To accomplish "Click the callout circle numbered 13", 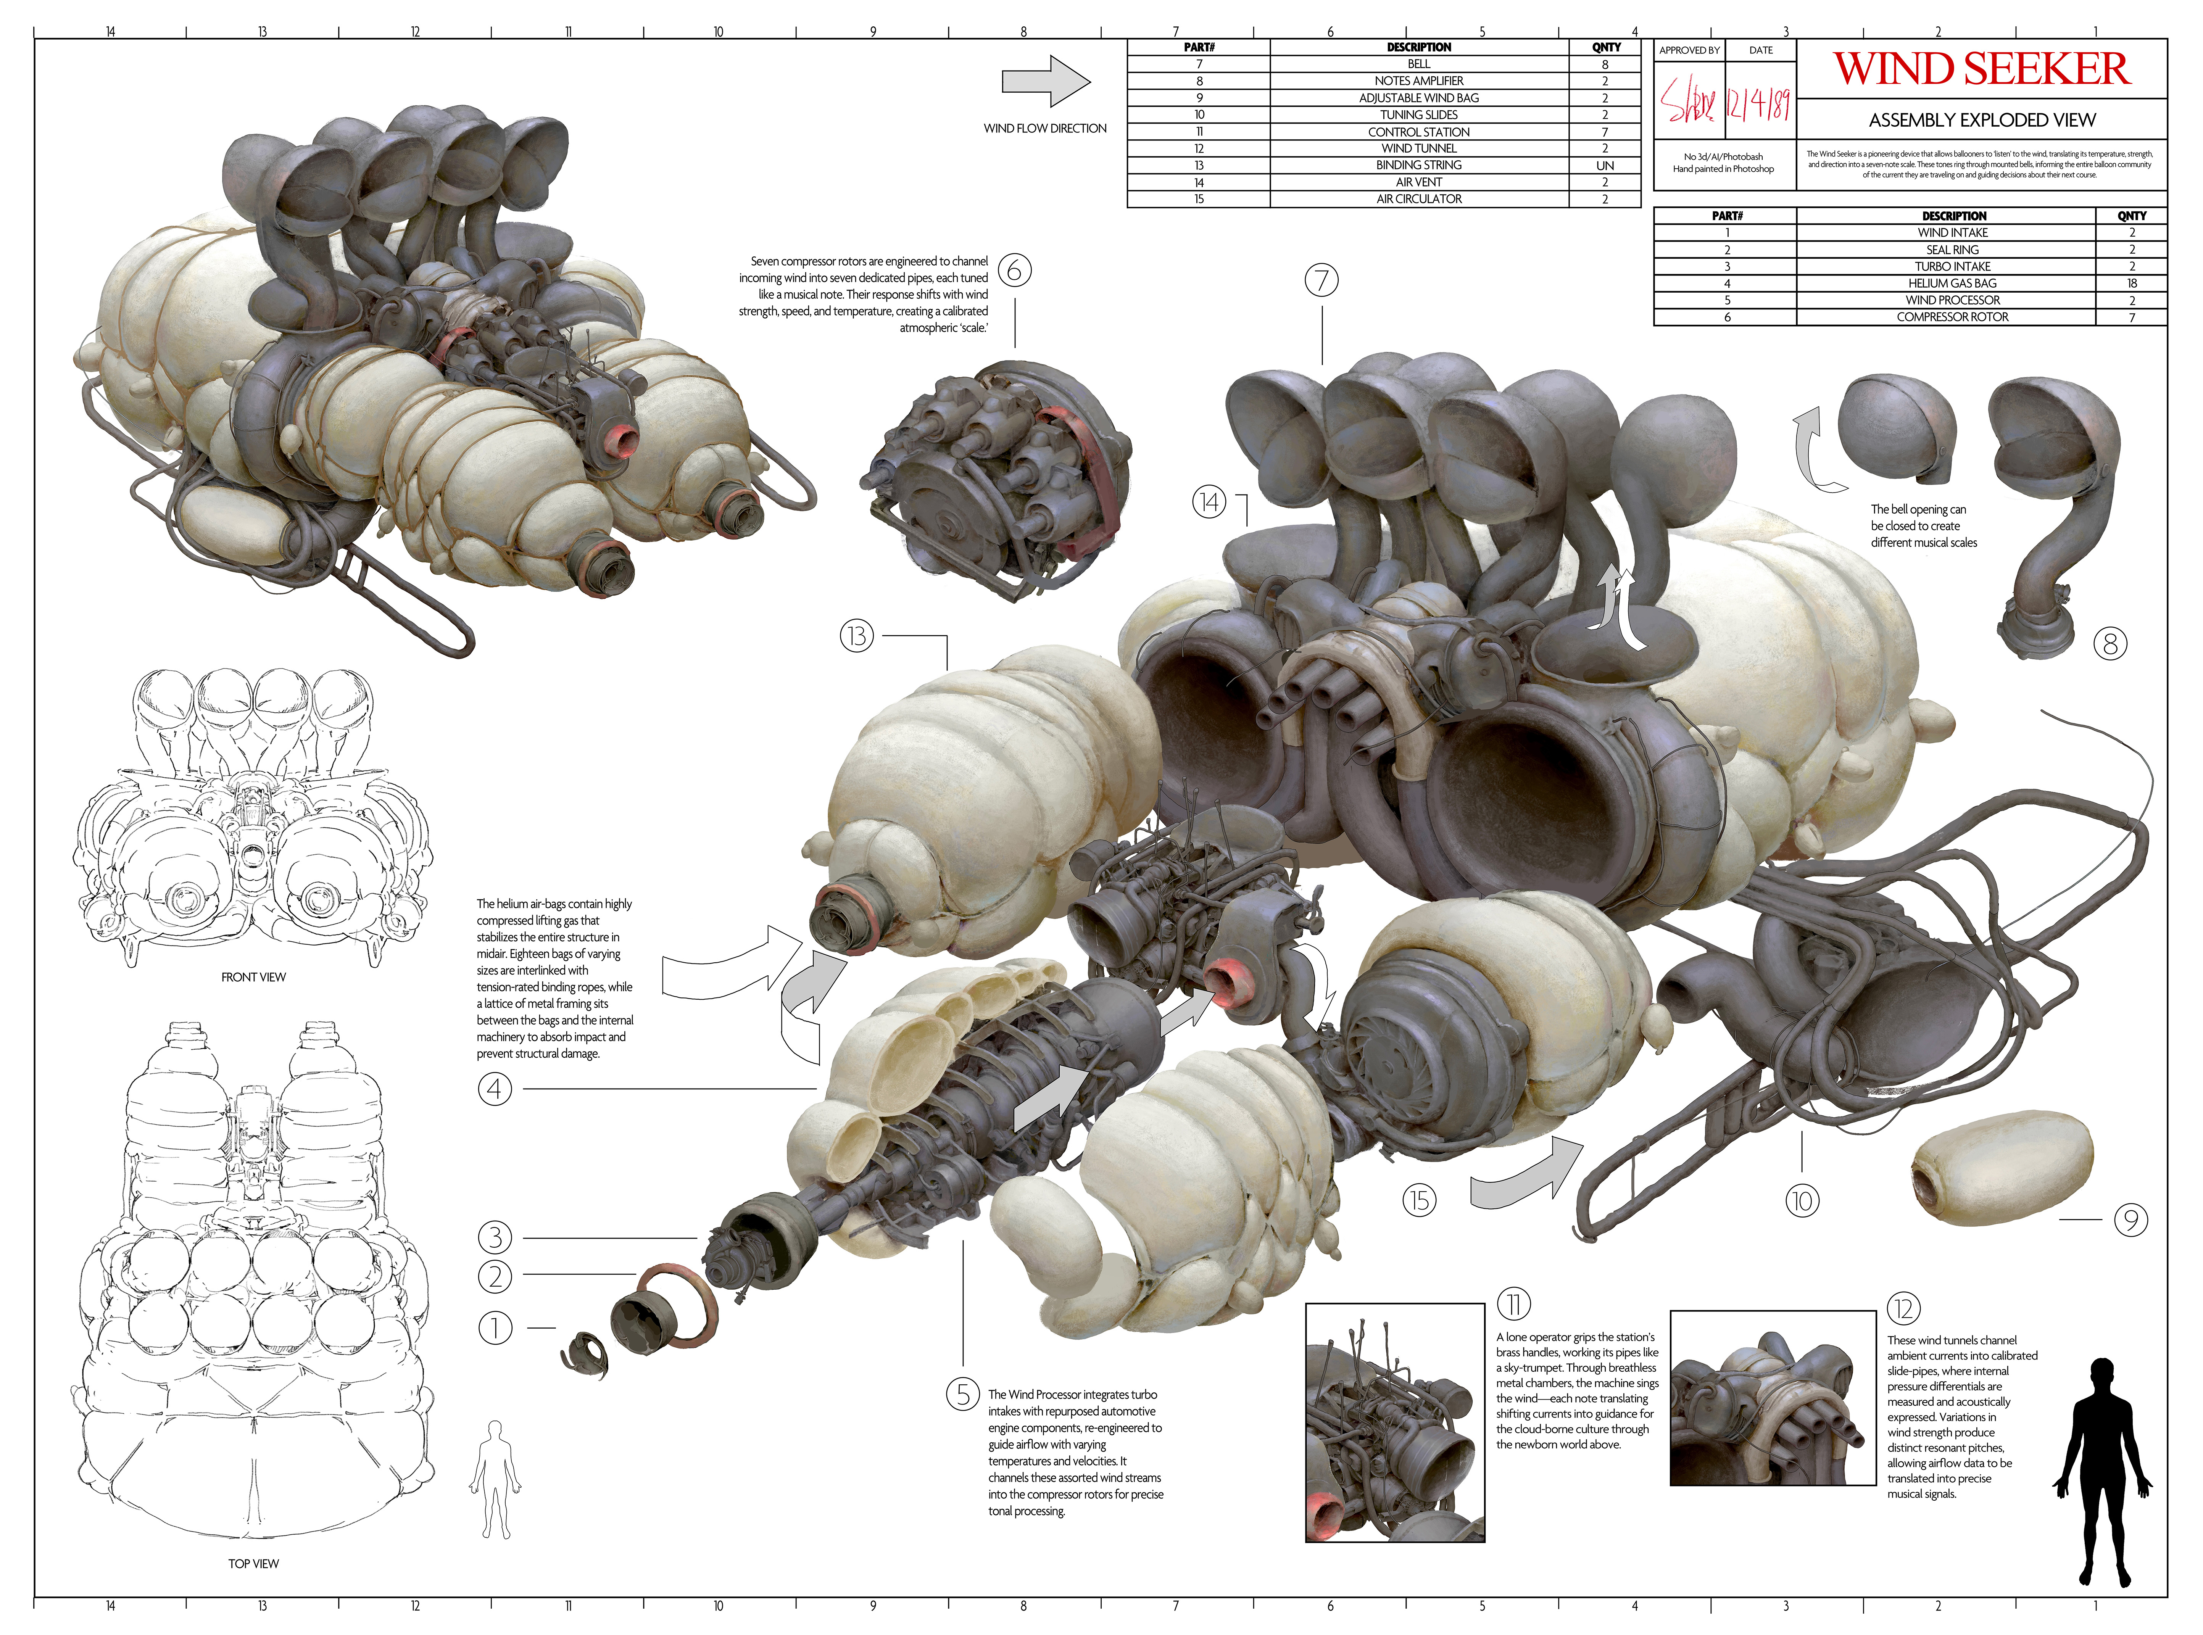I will [x=857, y=635].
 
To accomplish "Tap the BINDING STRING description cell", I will [x=1418, y=165].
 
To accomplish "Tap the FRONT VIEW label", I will [x=253, y=977].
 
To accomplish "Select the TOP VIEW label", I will [x=253, y=1564].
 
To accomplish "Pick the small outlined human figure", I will [x=494, y=1479].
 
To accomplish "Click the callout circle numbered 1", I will [x=495, y=1327].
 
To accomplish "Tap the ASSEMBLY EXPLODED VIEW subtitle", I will [x=1981, y=120].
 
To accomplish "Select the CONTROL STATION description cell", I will [x=1418, y=132].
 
